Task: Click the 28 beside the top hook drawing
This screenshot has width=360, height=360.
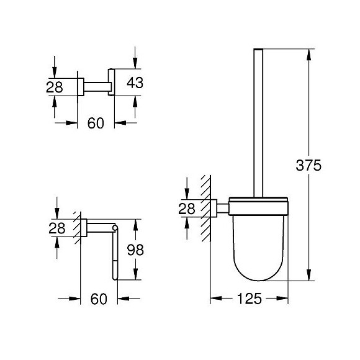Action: [x=55, y=87]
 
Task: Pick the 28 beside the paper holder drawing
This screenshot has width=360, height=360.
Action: [x=57, y=228]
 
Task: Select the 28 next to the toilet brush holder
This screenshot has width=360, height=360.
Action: [x=186, y=209]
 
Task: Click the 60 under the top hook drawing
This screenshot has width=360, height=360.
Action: [x=95, y=123]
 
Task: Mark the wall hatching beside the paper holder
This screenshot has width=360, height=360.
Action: [x=77, y=227]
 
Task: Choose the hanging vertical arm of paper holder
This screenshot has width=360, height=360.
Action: [x=114, y=254]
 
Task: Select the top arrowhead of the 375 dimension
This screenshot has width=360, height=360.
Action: [x=308, y=52]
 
